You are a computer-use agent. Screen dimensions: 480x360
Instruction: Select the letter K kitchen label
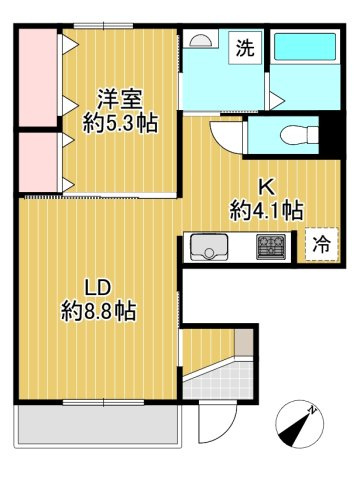tap(267, 186)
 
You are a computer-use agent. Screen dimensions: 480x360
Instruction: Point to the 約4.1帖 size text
tap(267, 210)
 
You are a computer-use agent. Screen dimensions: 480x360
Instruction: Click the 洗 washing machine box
tap(245, 47)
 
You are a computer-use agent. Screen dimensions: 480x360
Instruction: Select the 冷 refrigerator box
tap(321, 242)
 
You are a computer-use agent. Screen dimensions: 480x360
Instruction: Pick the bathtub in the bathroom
tap(306, 49)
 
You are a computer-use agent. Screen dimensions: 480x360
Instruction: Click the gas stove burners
tap(270, 245)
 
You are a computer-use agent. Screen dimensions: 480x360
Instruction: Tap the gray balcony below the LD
tap(97, 424)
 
